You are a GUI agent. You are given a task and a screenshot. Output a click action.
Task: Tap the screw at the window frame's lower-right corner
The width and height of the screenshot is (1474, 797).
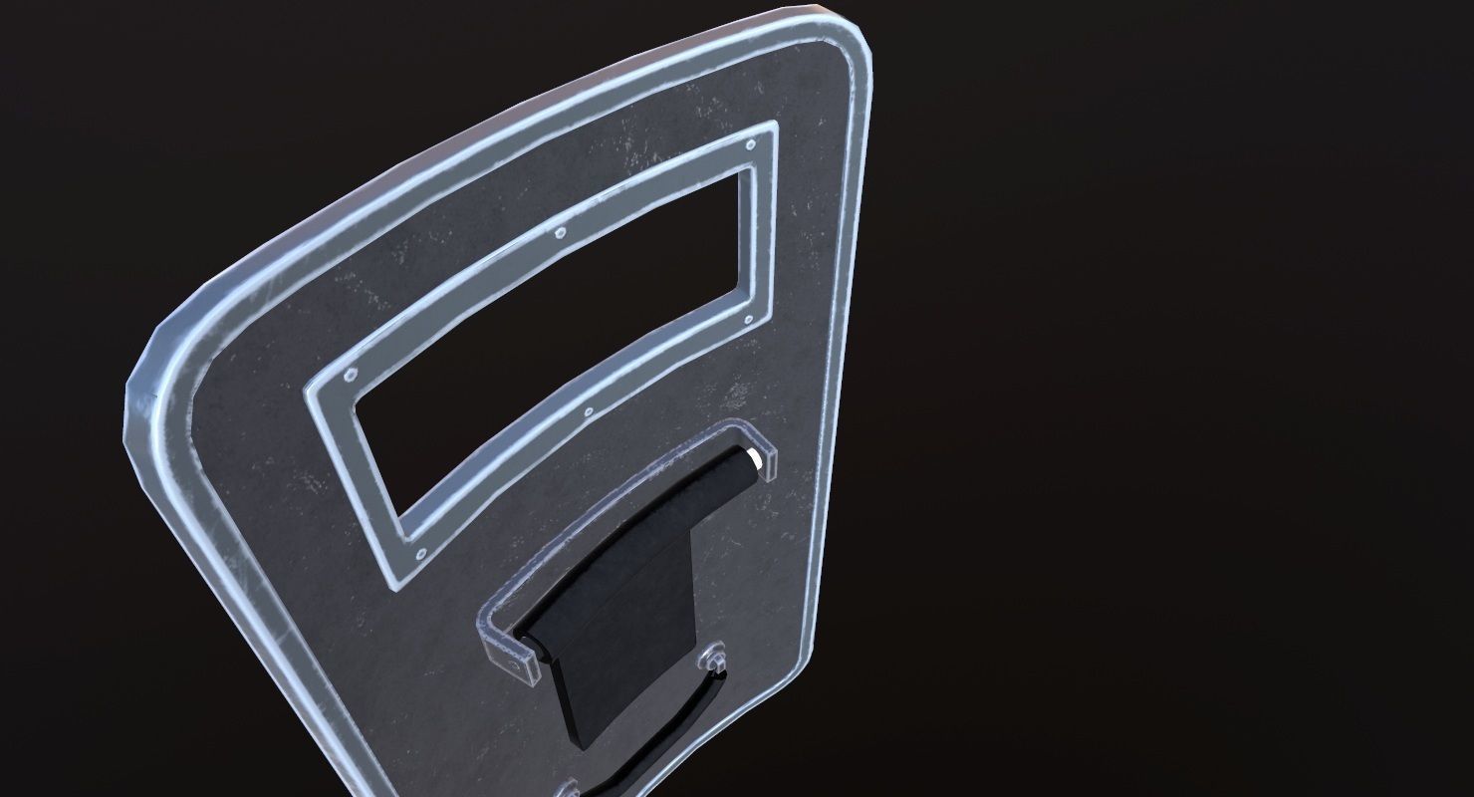(748, 321)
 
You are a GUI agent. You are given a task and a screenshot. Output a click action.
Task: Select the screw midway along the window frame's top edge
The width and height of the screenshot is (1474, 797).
(559, 235)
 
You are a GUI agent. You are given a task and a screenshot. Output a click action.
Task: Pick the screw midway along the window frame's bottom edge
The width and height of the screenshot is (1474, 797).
(588, 409)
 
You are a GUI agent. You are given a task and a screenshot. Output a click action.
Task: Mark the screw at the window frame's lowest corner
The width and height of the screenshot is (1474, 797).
(418, 552)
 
